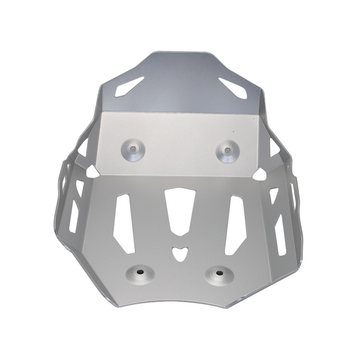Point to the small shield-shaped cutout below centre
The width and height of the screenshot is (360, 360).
pos(179,253)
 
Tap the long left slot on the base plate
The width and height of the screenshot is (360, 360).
pos(124,223)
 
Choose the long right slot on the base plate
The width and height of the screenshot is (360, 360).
pos(235,224)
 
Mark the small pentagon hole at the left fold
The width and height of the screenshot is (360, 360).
pos(92,171)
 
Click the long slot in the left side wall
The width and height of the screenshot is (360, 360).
pos(74,216)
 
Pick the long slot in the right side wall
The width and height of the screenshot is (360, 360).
pos(280,234)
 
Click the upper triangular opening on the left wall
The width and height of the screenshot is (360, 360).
pos(83,148)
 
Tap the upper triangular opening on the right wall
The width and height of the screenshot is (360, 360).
pos(274,148)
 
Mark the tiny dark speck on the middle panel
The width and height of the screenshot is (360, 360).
pos(234,131)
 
